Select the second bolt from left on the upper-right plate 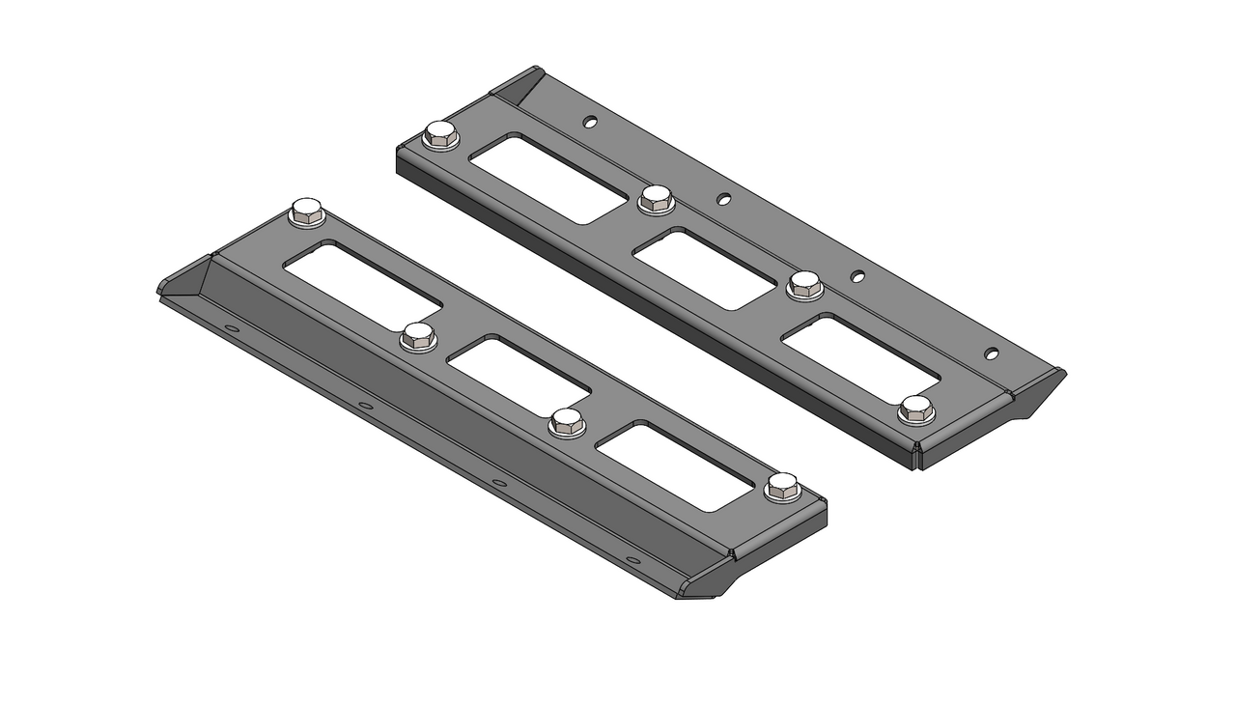tap(656, 199)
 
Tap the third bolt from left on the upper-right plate tap(805, 284)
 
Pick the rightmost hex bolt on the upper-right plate tap(916, 409)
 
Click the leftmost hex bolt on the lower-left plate tap(307, 212)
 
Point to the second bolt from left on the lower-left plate tap(418, 336)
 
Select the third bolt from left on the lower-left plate tap(568, 422)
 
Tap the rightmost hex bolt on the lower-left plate tap(782, 487)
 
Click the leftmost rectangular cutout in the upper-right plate tap(548, 179)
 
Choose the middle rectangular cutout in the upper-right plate tap(704, 268)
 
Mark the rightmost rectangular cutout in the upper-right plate tap(859, 357)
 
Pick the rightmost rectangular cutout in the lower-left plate tap(675, 466)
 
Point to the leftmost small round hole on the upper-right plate tap(590, 122)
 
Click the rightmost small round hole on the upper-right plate tap(991, 353)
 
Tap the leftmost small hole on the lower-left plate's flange tap(232, 328)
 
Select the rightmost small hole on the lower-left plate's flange tap(632, 560)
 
